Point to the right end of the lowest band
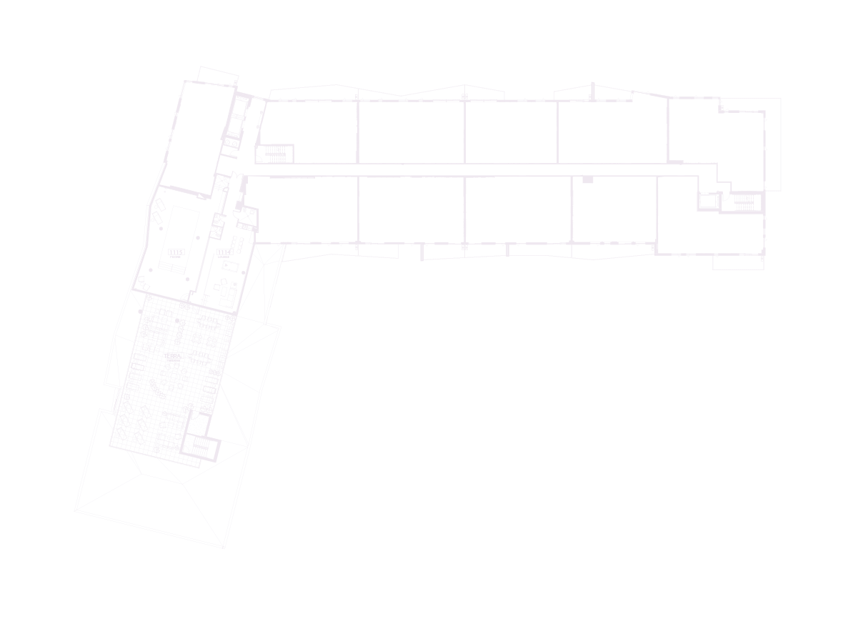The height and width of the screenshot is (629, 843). point(760,235)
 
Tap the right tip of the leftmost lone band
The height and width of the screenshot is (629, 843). point(220,135)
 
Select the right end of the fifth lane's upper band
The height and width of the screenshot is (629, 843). point(664,135)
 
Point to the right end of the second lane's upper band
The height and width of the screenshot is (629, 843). point(354,127)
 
